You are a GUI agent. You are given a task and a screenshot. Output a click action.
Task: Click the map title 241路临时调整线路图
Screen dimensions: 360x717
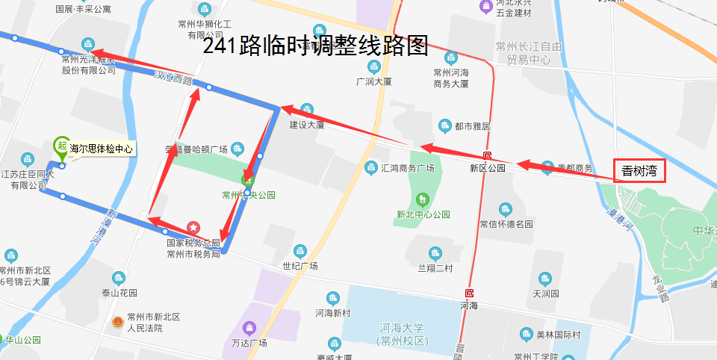click(315, 46)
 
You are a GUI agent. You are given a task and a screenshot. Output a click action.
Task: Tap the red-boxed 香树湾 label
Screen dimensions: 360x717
click(639, 171)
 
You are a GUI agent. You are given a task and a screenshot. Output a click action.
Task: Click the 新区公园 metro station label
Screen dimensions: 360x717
click(488, 168)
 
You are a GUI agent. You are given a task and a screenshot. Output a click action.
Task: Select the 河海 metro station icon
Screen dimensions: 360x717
click(469, 294)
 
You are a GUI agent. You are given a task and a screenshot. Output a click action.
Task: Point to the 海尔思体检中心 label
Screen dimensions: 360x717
click(101, 149)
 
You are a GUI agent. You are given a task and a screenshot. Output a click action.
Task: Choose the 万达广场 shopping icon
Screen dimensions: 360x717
click(249, 327)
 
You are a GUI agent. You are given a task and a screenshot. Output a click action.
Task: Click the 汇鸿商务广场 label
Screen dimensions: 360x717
click(408, 168)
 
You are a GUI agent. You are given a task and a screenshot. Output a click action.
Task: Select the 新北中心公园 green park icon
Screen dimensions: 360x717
click(423, 199)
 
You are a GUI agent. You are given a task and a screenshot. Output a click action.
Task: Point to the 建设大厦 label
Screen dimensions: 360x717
click(307, 125)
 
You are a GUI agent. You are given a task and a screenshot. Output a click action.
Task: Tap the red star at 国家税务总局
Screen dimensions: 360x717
click(193, 226)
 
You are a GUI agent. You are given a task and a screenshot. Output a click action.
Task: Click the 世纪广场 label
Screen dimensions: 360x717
click(300, 266)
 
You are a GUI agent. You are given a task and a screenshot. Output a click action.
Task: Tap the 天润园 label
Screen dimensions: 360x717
click(546, 294)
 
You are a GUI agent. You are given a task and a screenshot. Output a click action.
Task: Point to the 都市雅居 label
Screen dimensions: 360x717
click(472, 126)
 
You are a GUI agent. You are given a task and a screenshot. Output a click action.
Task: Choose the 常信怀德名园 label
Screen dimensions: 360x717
click(506, 223)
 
